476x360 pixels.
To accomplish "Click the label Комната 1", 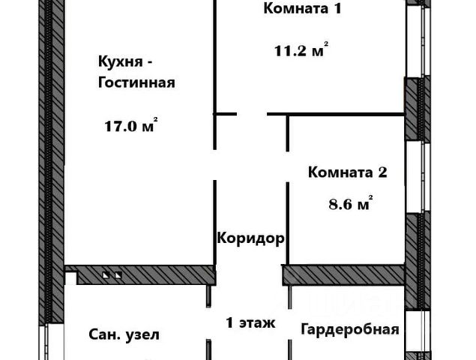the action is pyautogui.click(x=295, y=10).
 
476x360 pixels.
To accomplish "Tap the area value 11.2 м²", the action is pyautogui.click(x=300, y=52).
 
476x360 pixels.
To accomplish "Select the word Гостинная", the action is pyautogui.click(x=136, y=82).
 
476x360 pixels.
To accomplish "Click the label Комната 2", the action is pyautogui.click(x=347, y=172).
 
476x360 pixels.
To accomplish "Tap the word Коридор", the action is pyautogui.click(x=250, y=239).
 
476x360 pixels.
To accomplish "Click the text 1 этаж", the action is pyautogui.click(x=251, y=323).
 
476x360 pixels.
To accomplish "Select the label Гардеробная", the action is pyautogui.click(x=349, y=329).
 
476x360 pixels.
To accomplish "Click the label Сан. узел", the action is pyautogui.click(x=124, y=334).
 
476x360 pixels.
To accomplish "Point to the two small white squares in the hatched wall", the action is pyautogui.click(x=112, y=275).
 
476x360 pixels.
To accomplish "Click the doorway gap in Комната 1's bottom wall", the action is pyautogui.click(x=252, y=114).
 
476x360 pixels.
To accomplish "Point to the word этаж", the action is pyautogui.click(x=259, y=324).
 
